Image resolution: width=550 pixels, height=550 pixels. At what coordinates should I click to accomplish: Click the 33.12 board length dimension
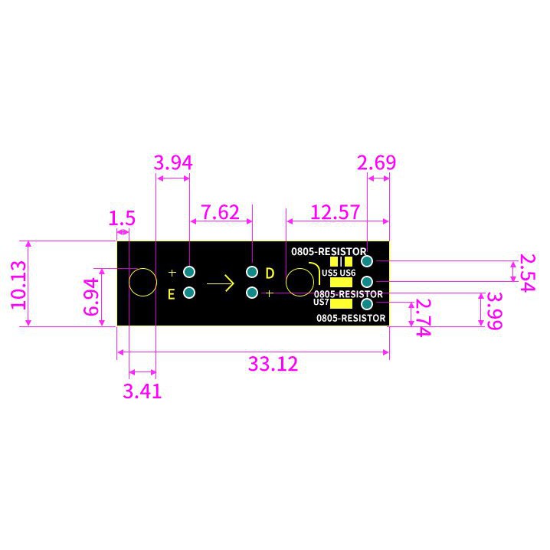pos(273,364)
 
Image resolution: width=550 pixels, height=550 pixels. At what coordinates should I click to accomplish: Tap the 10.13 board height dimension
pos(18,285)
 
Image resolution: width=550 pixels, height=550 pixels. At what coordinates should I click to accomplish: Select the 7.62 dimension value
pos(221,212)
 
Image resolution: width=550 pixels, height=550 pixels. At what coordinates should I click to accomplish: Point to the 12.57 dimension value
pos(336,212)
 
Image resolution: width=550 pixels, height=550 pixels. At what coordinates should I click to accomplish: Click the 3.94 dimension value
pos(173,162)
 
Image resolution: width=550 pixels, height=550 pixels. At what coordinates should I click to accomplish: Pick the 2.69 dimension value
pos(376,162)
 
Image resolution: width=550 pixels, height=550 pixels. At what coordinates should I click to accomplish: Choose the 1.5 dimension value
pos(122,218)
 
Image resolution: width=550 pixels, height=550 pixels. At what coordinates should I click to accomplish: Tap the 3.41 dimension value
pos(142,391)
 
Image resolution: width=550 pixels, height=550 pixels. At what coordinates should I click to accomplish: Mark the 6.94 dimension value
pos(91,296)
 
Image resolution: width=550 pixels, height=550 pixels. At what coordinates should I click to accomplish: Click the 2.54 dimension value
pos(528,273)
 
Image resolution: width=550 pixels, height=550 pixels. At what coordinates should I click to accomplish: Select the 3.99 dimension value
pos(495,311)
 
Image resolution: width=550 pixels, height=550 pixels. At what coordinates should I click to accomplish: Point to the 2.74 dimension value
pos(423,317)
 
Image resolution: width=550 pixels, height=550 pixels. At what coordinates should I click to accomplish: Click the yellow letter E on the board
pos(171,294)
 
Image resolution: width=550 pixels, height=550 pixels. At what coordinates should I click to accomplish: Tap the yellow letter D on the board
pos(270,273)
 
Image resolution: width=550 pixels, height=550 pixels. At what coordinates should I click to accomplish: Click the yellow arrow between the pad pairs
pos(221,283)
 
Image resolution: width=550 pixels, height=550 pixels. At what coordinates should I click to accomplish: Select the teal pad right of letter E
pos(189,293)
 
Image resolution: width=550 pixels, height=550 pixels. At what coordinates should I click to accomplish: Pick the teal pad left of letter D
pos(252,272)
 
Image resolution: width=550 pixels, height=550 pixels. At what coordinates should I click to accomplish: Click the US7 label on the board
pos(321,302)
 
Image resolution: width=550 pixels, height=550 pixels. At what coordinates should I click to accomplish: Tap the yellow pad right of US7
pos(342,304)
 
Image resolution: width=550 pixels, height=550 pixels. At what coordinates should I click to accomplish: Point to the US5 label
pos(329,273)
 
